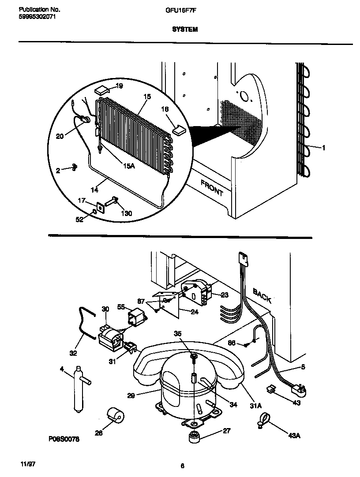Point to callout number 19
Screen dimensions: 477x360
[119, 86]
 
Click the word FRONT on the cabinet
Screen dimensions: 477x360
[212, 188]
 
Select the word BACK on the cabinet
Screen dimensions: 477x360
[262, 294]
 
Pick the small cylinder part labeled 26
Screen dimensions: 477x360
[116, 415]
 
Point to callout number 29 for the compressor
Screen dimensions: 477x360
[131, 396]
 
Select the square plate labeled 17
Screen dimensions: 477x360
[103, 207]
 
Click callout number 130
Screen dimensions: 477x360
[126, 213]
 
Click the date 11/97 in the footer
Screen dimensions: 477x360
[27, 465]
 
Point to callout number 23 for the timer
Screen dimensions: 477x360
[225, 295]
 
